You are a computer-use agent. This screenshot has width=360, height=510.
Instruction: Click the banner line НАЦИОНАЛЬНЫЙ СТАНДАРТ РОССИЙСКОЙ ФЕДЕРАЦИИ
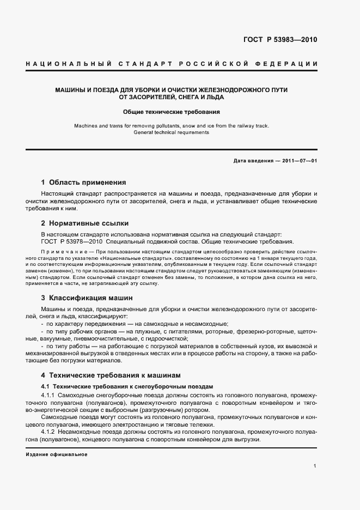[172, 65]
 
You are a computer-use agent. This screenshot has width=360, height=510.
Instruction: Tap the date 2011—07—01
[299, 161]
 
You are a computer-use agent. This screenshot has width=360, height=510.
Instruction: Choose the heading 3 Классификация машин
[87, 298]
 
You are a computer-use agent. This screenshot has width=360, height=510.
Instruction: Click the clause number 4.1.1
[48, 394]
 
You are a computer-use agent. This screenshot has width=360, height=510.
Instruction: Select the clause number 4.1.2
[48, 432]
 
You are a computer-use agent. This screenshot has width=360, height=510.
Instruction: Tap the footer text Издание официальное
[57, 454]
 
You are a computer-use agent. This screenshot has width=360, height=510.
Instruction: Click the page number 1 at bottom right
[315, 466]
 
